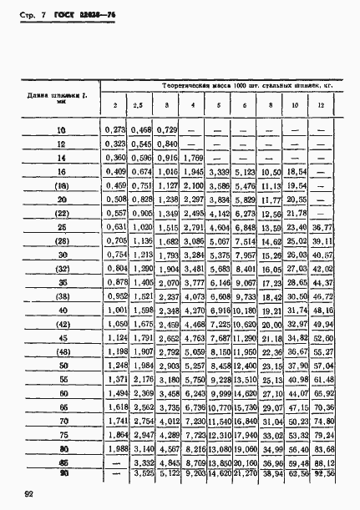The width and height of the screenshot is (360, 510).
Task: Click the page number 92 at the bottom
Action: point(29,494)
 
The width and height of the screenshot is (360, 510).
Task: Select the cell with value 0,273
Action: point(114,129)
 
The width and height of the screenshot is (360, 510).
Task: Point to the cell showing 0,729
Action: point(167,129)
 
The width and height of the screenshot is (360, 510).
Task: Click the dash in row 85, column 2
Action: point(114,460)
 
